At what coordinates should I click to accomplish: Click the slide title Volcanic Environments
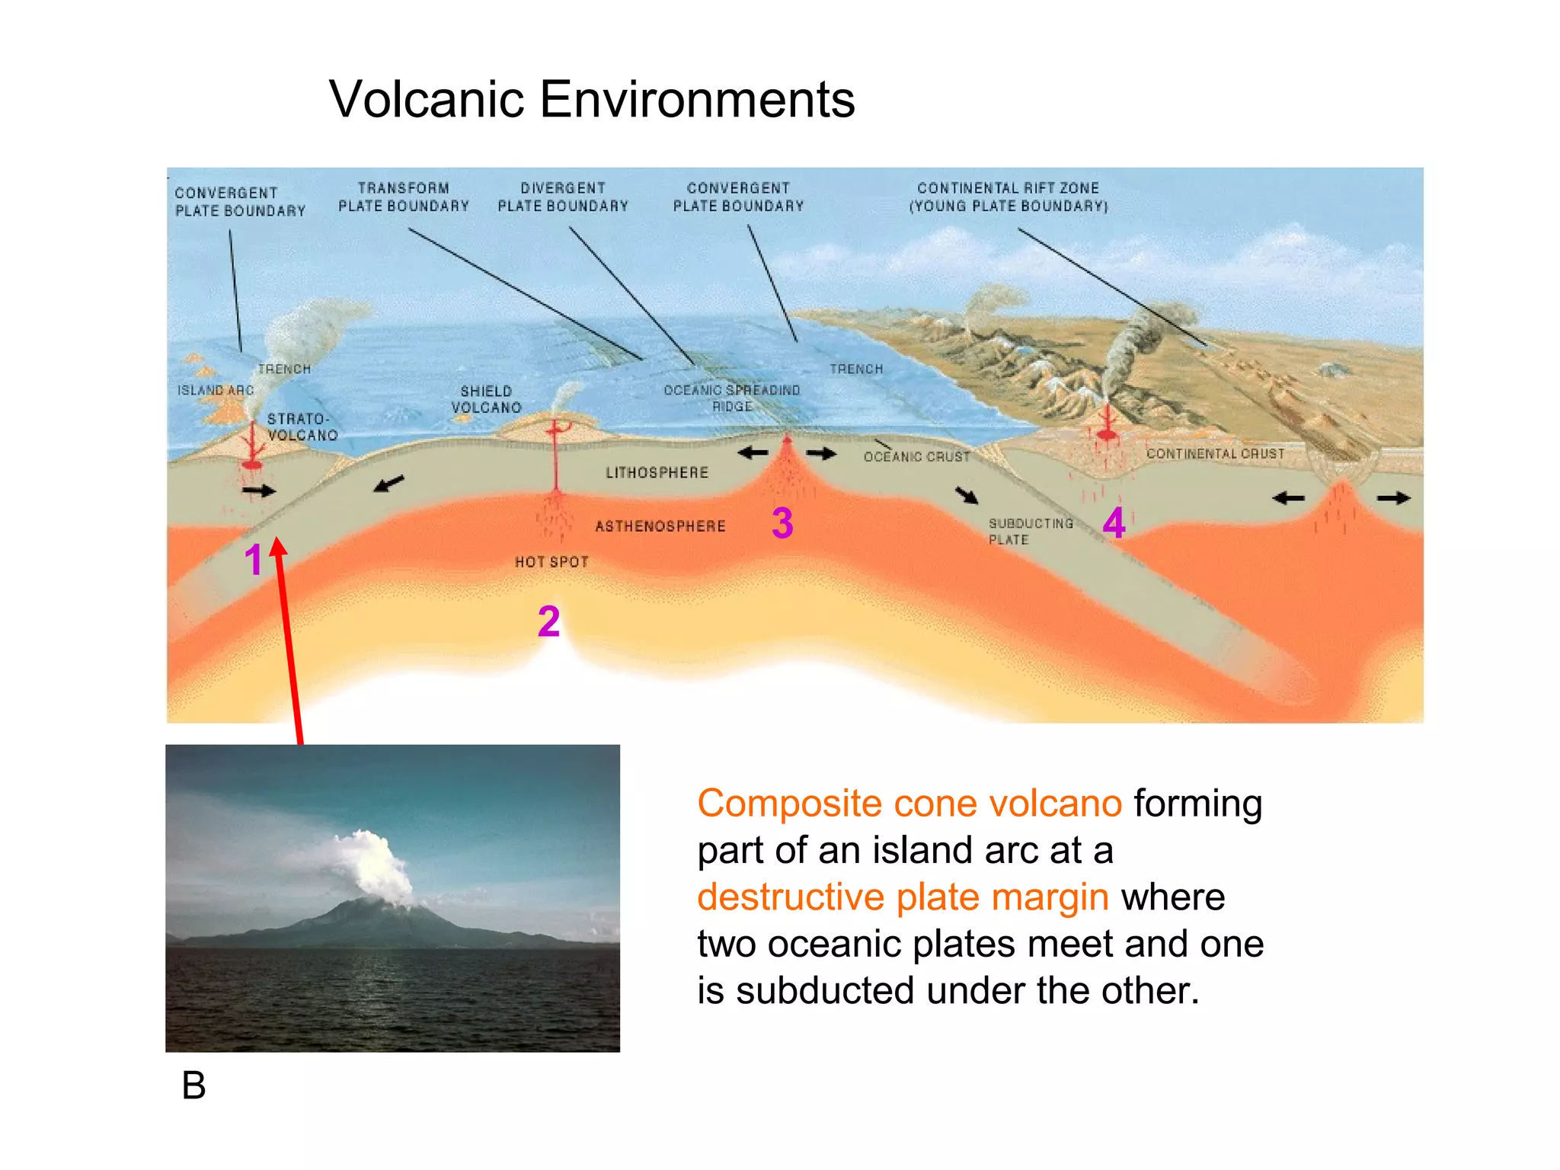592,99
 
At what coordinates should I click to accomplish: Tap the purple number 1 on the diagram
253,561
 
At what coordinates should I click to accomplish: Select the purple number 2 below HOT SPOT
548,622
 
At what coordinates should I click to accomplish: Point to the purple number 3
782,523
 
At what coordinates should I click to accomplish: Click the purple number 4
1114,523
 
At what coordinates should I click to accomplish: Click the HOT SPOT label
551,562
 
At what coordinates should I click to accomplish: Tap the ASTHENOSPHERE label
660,526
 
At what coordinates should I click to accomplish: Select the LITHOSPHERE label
657,473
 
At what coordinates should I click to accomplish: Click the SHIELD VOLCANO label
486,400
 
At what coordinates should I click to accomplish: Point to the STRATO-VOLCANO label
302,427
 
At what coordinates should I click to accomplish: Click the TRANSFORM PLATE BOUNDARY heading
404,197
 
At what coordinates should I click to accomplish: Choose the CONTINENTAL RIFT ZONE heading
1008,197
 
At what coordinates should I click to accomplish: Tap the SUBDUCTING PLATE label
1030,532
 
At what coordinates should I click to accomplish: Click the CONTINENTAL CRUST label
1215,454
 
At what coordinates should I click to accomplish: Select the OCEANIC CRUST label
916,457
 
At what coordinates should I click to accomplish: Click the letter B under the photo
193,1085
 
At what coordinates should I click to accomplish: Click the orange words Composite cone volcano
909,804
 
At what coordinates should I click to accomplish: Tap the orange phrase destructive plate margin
903,897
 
